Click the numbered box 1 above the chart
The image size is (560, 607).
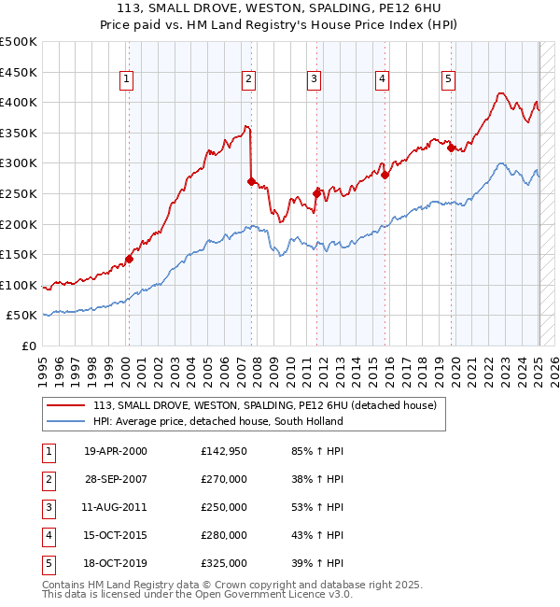coord(126,79)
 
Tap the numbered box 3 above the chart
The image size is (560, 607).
coord(315,79)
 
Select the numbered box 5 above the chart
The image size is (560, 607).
coord(449,79)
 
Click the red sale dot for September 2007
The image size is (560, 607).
coord(251,181)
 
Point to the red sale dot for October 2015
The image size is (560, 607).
coord(385,175)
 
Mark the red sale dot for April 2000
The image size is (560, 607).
coord(129,260)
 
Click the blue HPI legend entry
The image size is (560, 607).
coord(217,421)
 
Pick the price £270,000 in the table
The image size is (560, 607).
coord(224,479)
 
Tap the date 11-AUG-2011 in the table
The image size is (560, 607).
coord(115,507)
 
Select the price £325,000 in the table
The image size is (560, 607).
coord(224,563)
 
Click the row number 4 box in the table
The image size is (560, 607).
coord(48,535)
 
